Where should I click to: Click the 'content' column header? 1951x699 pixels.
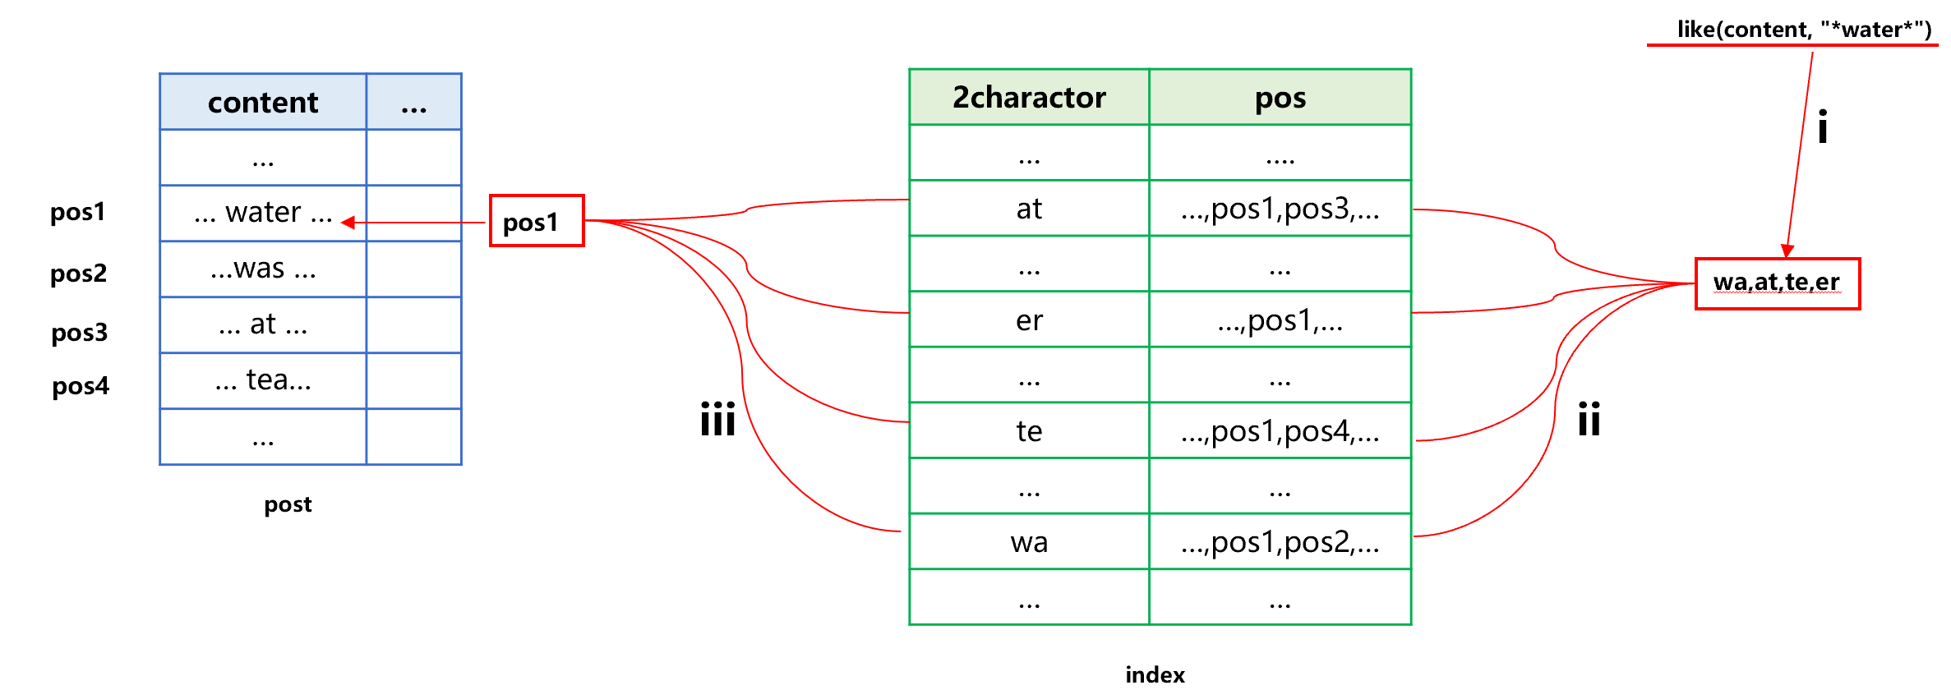pyautogui.click(x=263, y=103)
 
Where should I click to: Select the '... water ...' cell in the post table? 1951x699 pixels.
pyautogui.click(x=263, y=213)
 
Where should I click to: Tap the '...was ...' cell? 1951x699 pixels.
pyautogui.click(x=263, y=269)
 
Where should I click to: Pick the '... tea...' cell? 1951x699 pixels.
pyautogui.click(x=263, y=380)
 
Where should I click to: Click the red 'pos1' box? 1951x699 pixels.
pyautogui.click(x=537, y=221)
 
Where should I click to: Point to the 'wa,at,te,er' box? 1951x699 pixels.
pyautogui.click(x=1777, y=283)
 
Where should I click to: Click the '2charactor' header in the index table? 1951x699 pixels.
pyautogui.click(x=1029, y=98)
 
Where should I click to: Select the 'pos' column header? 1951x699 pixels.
pyautogui.click(x=1280, y=98)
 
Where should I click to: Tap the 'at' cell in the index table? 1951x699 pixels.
pyautogui.click(x=1029, y=209)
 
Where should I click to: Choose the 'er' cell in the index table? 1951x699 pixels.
pyautogui.click(x=1029, y=320)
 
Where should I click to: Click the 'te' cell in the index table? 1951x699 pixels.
pyautogui.click(x=1029, y=431)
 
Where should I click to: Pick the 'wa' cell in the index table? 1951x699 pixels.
pyautogui.click(x=1029, y=542)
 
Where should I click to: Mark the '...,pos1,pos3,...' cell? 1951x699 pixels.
pyautogui.click(x=1280, y=209)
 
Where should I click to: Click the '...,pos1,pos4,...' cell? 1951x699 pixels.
pyautogui.click(x=1280, y=431)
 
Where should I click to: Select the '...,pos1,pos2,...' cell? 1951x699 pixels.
pyautogui.click(x=1280, y=542)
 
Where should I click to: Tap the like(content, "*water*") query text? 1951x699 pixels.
pyautogui.click(x=1804, y=30)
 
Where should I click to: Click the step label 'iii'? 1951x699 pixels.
pyautogui.click(x=717, y=420)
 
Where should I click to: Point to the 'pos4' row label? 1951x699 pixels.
pyautogui.click(x=81, y=385)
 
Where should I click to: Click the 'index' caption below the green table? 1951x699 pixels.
pyautogui.click(x=1155, y=675)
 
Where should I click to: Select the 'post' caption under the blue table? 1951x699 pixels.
pyautogui.click(x=288, y=504)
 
